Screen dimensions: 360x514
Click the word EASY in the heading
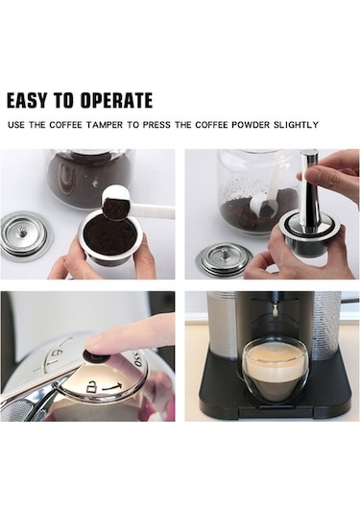[27, 100]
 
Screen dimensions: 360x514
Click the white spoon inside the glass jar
[266, 197]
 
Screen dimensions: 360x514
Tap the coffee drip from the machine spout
[276, 308]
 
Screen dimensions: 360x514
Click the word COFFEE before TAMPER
[65, 125]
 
